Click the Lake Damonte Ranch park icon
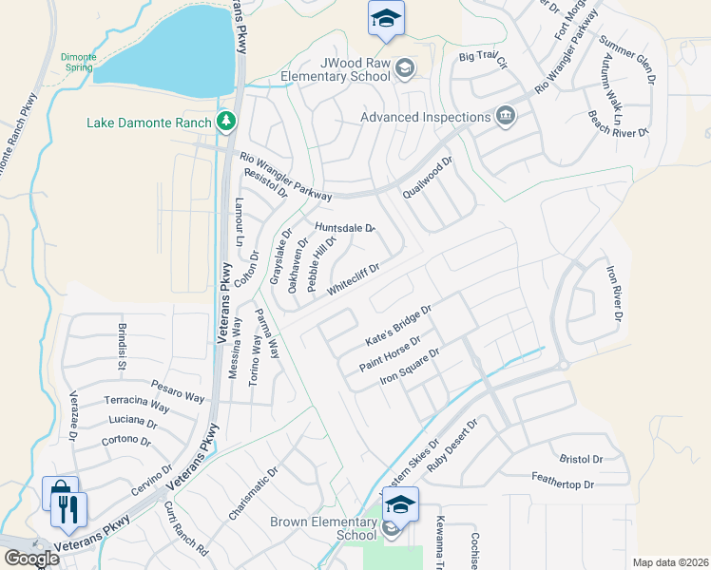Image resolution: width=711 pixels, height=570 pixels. [x=226, y=122]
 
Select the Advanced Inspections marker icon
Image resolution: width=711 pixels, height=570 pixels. [x=506, y=118]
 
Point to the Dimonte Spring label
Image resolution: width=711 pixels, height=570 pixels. [x=78, y=63]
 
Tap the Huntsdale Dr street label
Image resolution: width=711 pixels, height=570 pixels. [x=345, y=228]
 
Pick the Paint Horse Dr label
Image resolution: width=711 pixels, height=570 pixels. [x=390, y=353]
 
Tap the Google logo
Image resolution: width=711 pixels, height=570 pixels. [x=30, y=560]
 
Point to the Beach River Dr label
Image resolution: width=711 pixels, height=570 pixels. [x=618, y=123]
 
